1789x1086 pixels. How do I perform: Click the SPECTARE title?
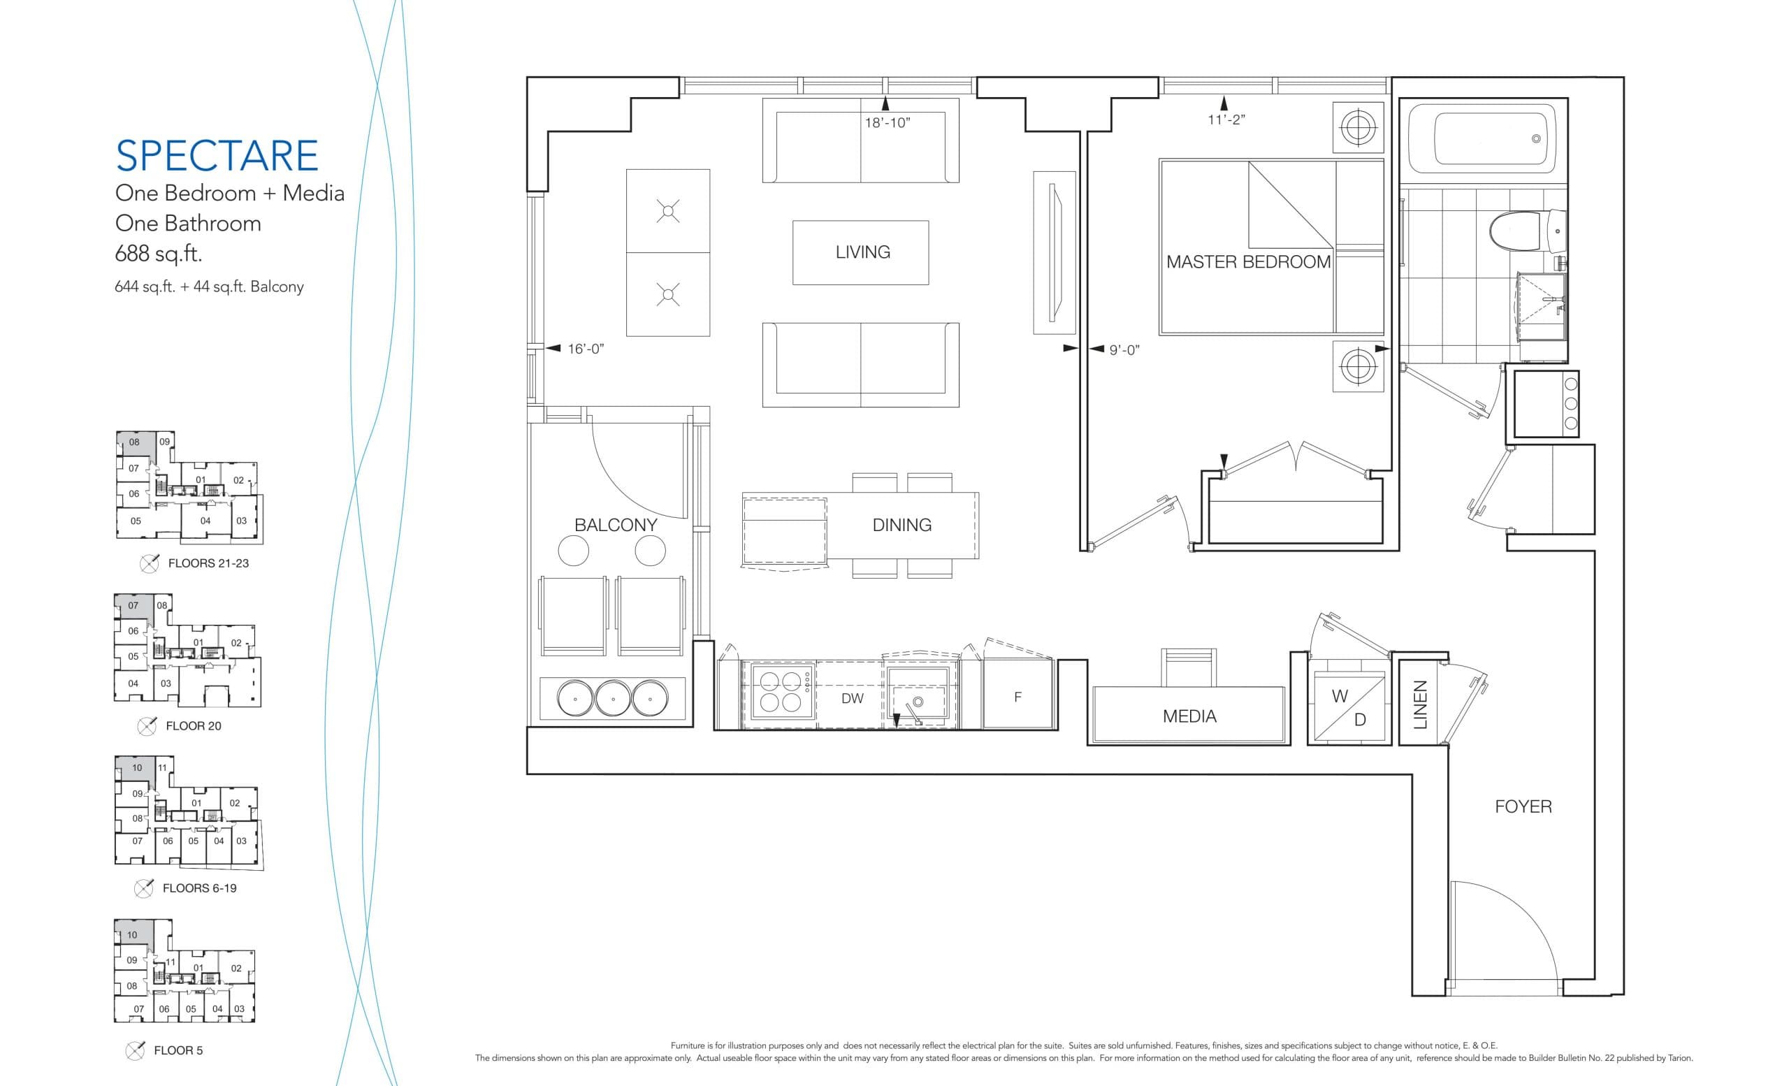pyautogui.click(x=217, y=155)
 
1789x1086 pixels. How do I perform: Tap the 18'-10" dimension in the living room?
pyautogui.click(x=887, y=123)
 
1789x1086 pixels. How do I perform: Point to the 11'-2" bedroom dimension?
pyautogui.click(x=1226, y=120)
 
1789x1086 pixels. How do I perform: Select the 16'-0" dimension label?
pyautogui.click(x=585, y=349)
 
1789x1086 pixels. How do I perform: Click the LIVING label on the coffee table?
pyautogui.click(x=862, y=252)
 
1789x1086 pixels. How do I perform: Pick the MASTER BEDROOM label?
pyautogui.click(x=1248, y=262)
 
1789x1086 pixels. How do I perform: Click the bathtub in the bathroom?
pyautogui.click(x=1485, y=138)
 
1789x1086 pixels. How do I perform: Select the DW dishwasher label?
pyautogui.click(x=852, y=698)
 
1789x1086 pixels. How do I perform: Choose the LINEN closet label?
pyautogui.click(x=1420, y=704)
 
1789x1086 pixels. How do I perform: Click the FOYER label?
pyautogui.click(x=1523, y=806)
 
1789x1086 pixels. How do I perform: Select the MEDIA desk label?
pyautogui.click(x=1189, y=716)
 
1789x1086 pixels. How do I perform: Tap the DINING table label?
pyautogui.click(x=901, y=525)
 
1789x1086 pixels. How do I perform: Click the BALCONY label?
pyautogui.click(x=615, y=525)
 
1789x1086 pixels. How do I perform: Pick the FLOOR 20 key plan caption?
pyautogui.click(x=193, y=726)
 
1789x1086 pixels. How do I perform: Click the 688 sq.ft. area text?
pyautogui.click(x=158, y=254)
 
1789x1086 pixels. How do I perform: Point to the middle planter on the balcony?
pyautogui.click(x=613, y=698)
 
